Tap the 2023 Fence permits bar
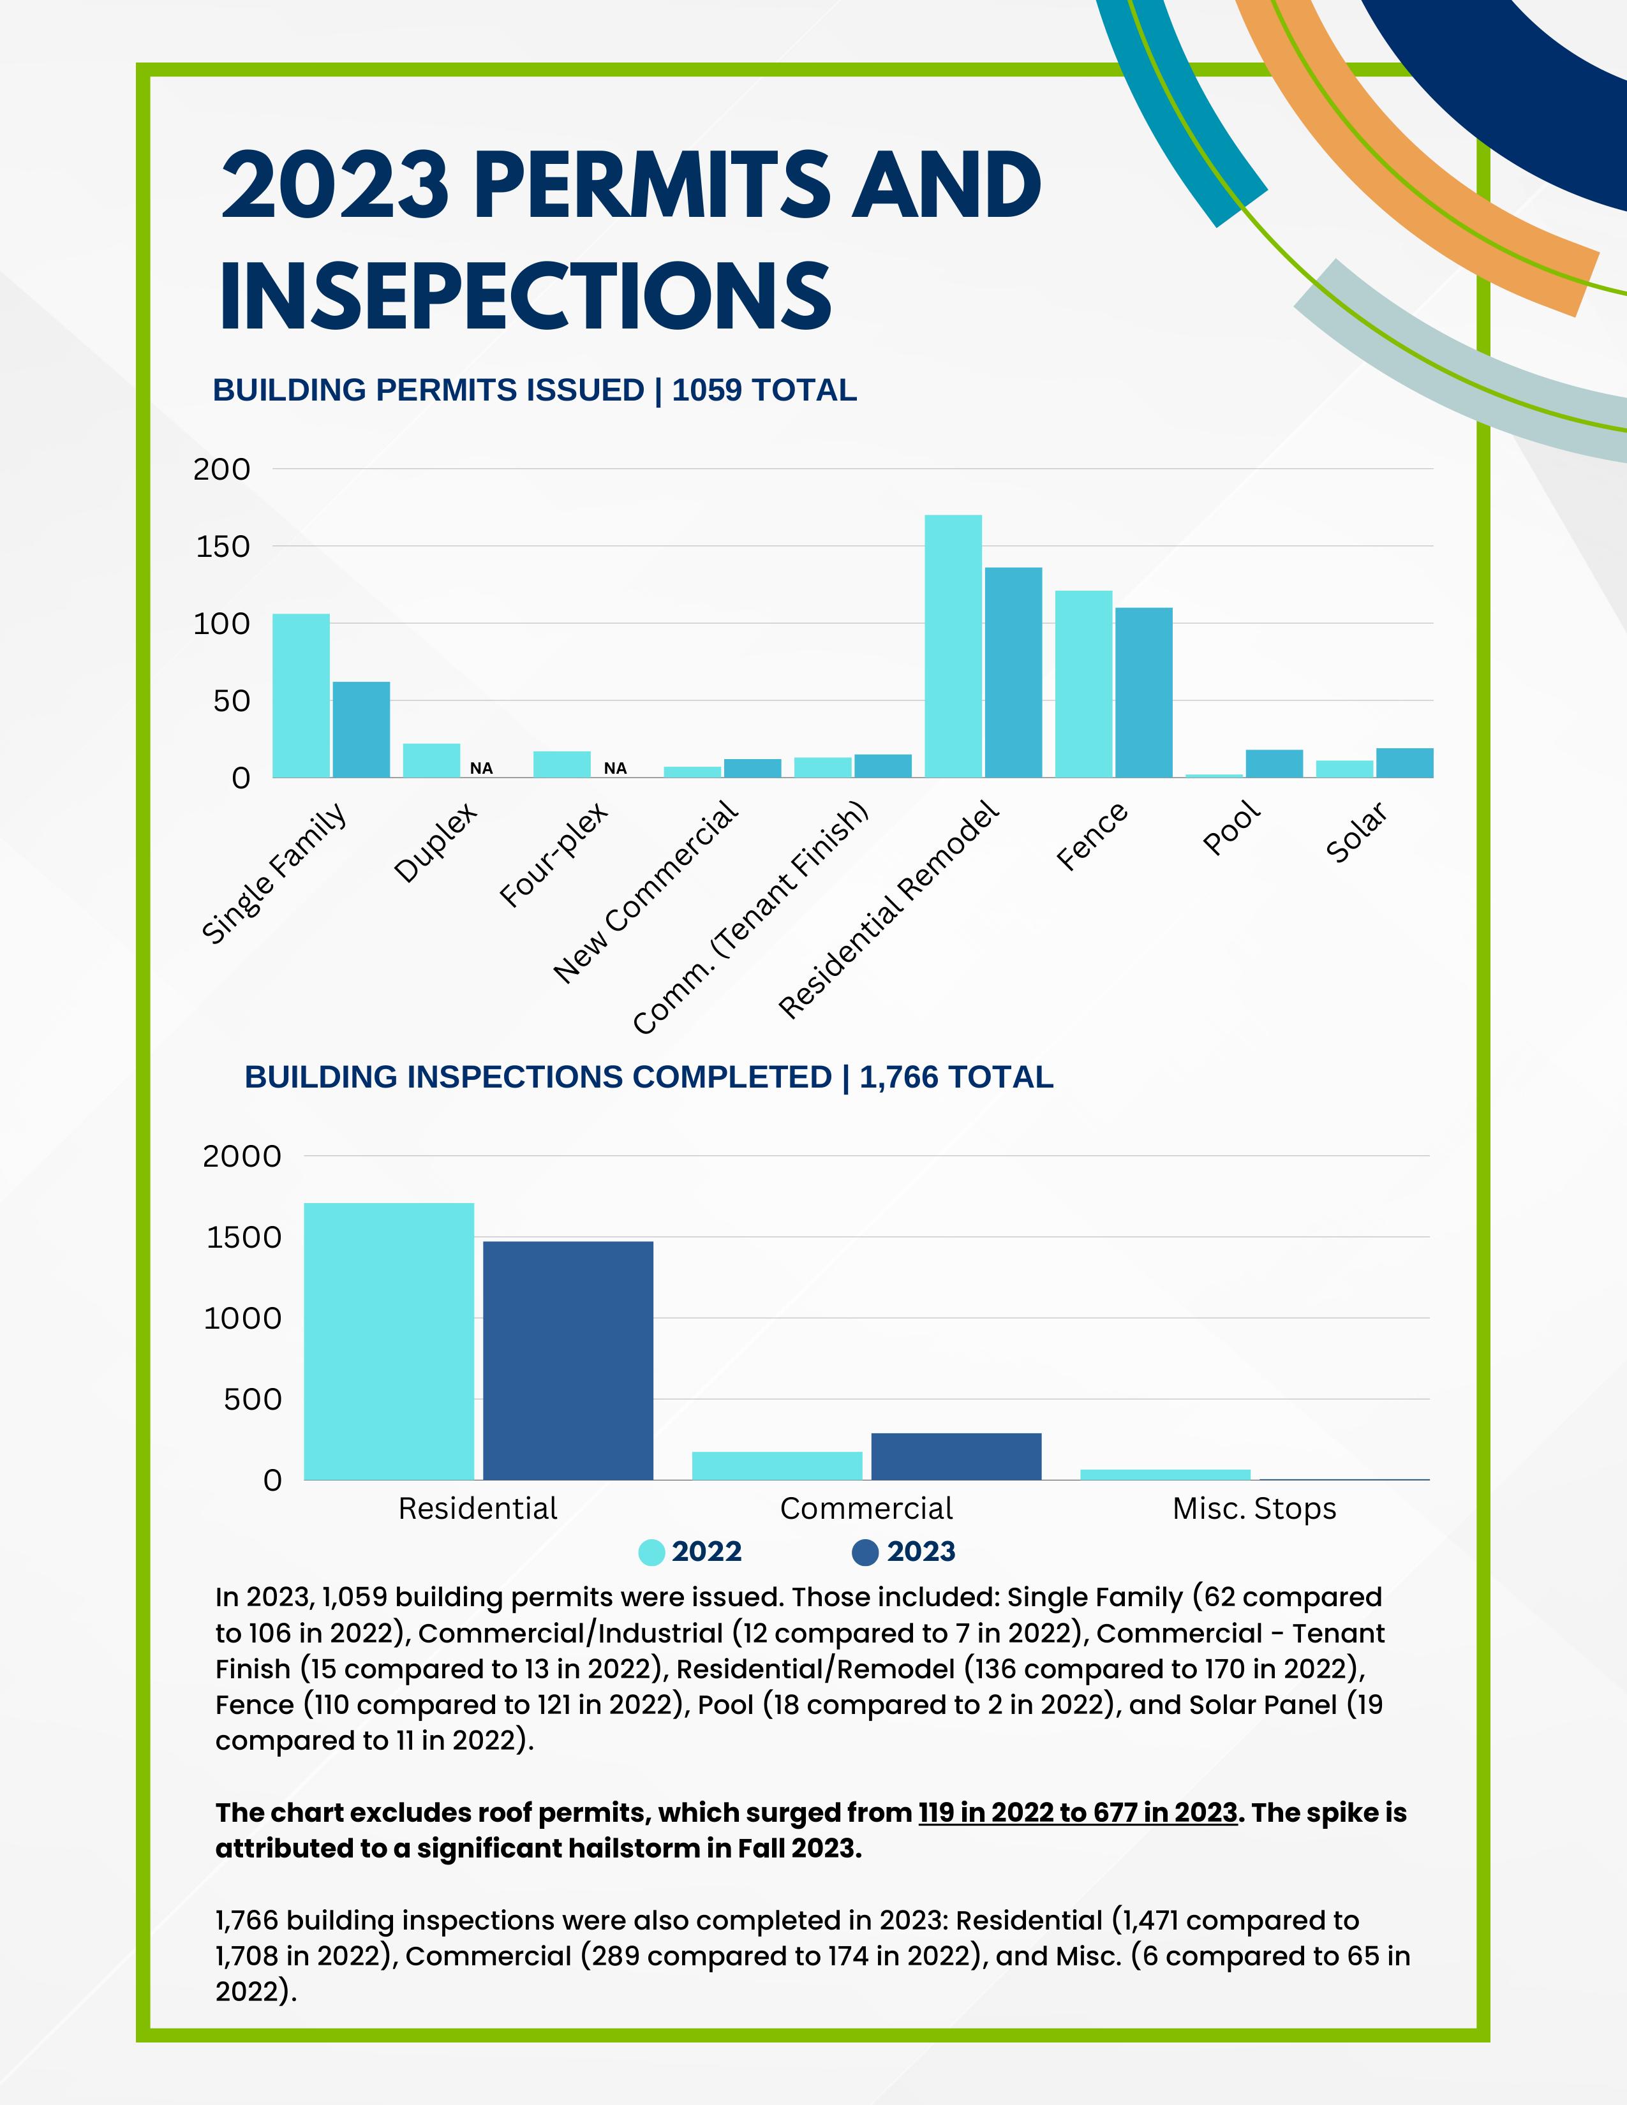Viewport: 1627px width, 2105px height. (x=1143, y=692)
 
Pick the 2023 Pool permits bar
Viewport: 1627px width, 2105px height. (x=1274, y=764)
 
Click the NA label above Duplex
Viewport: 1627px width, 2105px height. (x=481, y=768)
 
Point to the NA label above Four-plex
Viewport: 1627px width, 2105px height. (x=615, y=768)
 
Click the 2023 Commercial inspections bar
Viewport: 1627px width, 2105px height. (x=956, y=1456)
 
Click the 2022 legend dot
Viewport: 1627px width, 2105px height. (x=651, y=1553)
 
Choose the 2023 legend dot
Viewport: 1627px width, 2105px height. (x=866, y=1553)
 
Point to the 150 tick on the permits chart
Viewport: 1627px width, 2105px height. (x=223, y=547)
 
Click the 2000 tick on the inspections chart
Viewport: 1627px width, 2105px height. (x=242, y=1156)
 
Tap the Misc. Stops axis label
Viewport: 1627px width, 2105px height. (x=1254, y=1509)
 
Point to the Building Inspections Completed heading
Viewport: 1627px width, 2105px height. (x=649, y=1077)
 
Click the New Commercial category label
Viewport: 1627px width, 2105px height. (x=646, y=892)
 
